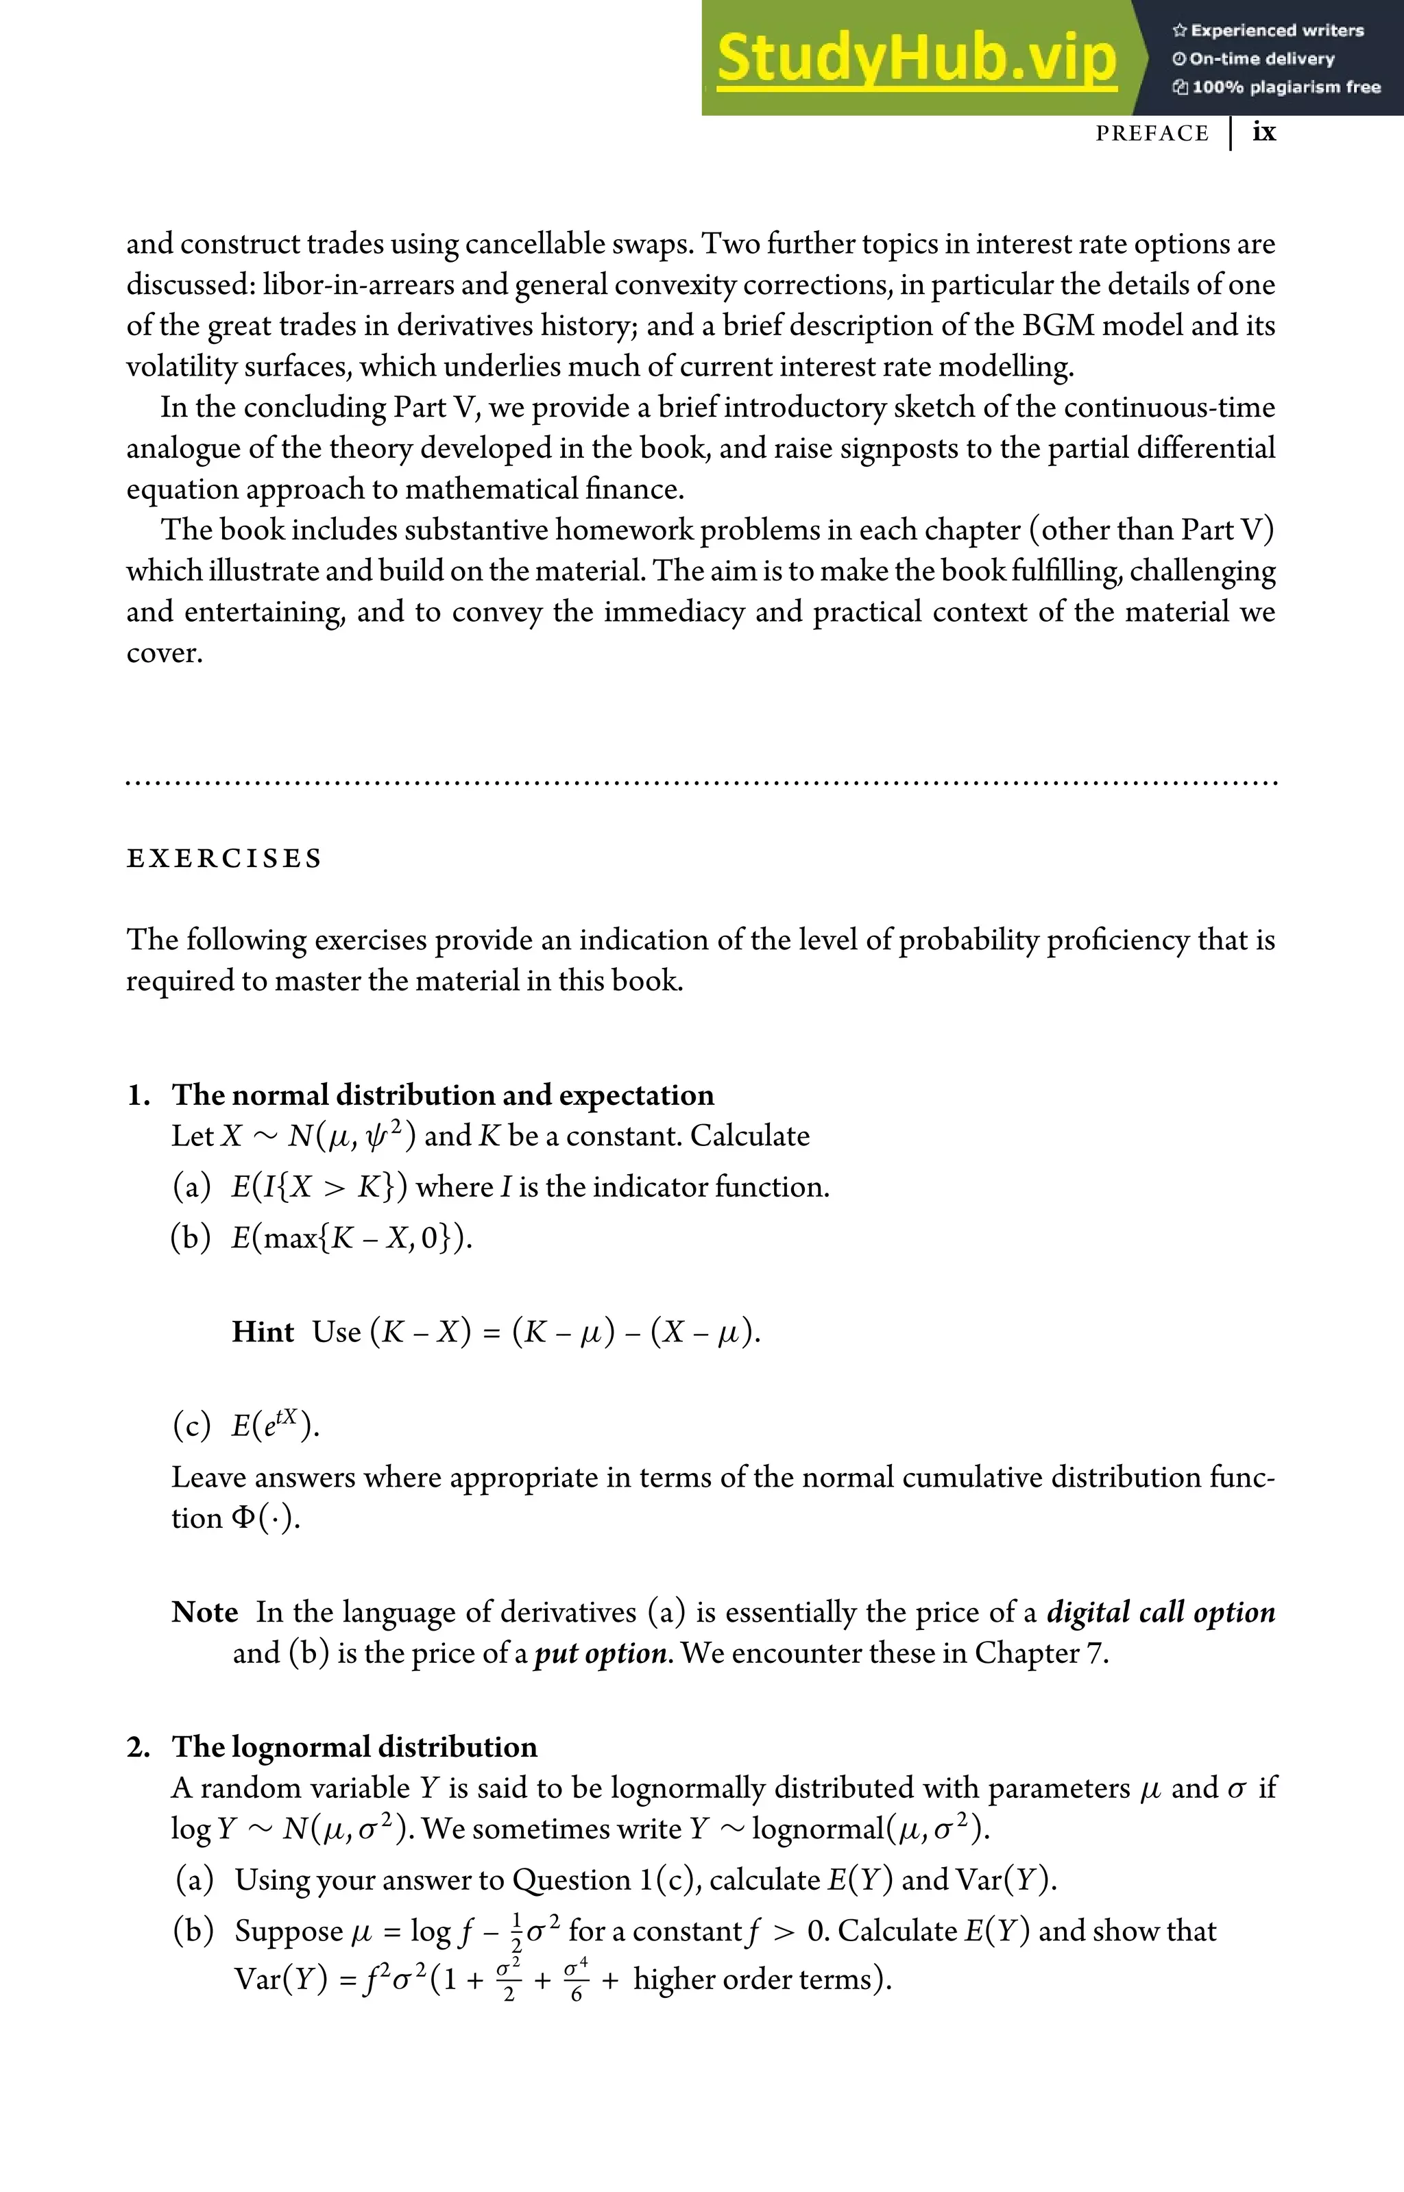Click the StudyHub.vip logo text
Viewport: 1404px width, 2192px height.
coord(917,59)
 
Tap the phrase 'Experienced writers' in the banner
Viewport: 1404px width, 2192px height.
coord(1276,30)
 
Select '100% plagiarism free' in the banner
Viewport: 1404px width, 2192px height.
coord(1285,88)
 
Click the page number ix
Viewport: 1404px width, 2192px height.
coord(1263,132)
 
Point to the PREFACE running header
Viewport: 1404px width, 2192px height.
coord(1152,134)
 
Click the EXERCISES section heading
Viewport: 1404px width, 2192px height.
coord(224,859)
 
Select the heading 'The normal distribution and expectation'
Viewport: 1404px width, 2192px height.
coord(443,1095)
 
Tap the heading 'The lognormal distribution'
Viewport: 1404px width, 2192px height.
coord(354,1746)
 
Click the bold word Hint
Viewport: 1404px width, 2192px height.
coord(263,1332)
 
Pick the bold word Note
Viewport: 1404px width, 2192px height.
coord(204,1611)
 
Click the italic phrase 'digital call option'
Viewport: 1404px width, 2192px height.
coord(1160,1611)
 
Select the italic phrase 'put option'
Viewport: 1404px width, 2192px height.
coord(601,1653)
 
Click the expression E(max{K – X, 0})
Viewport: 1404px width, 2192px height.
coord(352,1238)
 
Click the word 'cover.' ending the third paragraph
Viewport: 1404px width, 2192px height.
coord(164,653)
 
